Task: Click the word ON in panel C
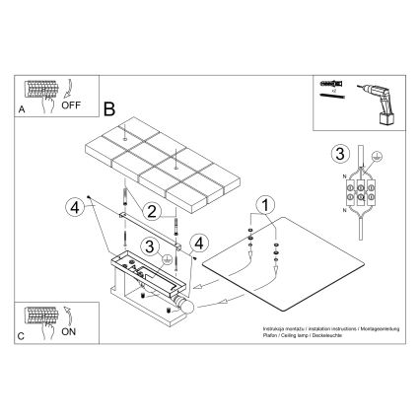coord(69,332)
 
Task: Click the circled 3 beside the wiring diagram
coord(340,153)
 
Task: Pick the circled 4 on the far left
coord(73,206)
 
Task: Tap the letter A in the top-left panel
coord(23,111)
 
